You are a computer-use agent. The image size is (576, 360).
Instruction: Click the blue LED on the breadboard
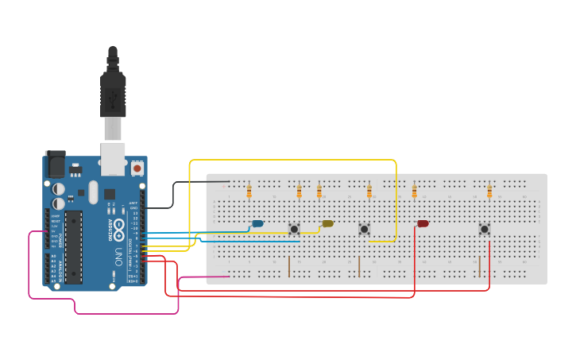257,223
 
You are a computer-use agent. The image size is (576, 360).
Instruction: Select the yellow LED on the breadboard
327,223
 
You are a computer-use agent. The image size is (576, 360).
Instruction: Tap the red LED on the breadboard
423,223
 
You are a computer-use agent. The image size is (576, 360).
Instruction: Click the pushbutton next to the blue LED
294,229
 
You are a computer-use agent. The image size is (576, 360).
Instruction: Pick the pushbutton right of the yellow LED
364,229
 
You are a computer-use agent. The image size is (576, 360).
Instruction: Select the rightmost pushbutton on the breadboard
484,229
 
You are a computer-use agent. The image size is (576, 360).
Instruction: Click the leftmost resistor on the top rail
249,191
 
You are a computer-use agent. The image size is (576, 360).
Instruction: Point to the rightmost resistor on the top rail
489,191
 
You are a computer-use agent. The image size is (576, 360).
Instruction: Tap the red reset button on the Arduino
137,168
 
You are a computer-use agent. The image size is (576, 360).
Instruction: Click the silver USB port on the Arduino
114,159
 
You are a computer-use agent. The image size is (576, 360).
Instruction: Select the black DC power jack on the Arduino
55,165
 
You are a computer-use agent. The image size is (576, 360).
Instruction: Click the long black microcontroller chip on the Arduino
73,246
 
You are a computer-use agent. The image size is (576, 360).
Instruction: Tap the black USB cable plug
113,95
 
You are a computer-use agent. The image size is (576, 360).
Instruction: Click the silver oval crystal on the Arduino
93,192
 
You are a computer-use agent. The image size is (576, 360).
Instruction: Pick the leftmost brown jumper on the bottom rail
289,266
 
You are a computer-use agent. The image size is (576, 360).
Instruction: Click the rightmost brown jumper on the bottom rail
479,266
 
